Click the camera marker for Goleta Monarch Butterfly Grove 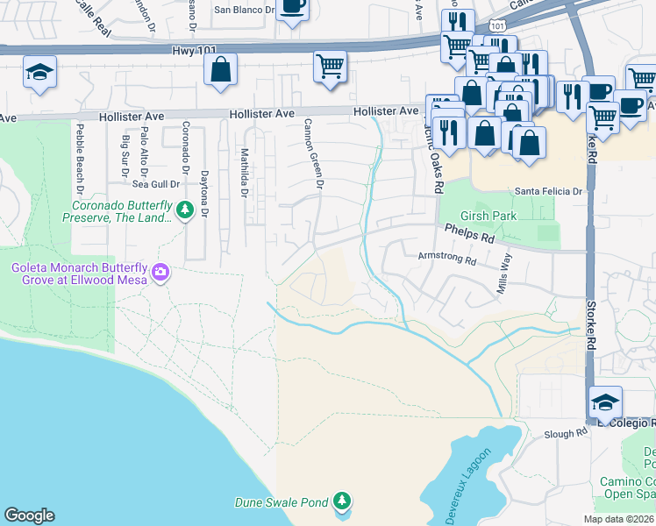pos(160,273)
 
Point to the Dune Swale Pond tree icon pos(342,501)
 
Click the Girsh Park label pos(485,216)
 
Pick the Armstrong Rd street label pos(447,260)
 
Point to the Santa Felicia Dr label pos(548,191)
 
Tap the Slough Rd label pos(566,433)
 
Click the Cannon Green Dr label pos(314,154)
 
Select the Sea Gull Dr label pos(156,184)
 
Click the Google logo pos(29,515)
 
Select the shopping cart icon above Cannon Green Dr pos(330,67)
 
